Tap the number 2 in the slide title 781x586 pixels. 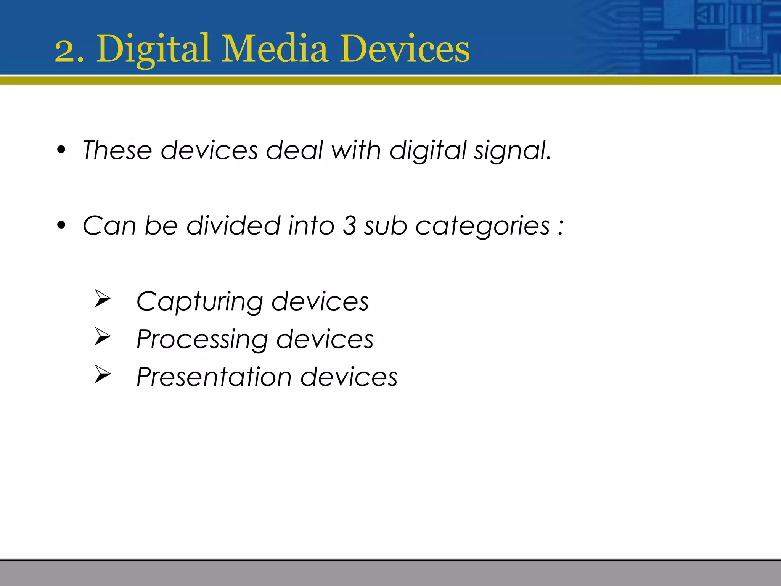[x=65, y=52]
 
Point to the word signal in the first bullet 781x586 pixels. [x=512, y=151]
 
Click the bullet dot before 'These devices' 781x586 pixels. [x=61, y=150]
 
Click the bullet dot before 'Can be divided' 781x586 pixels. [x=61, y=225]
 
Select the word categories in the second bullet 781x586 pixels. [x=482, y=226]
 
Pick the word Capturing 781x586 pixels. [x=199, y=302]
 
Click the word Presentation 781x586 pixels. [x=214, y=377]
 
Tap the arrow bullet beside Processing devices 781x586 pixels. [x=102, y=336]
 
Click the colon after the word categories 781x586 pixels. [x=560, y=227]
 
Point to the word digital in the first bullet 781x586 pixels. [x=427, y=151]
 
